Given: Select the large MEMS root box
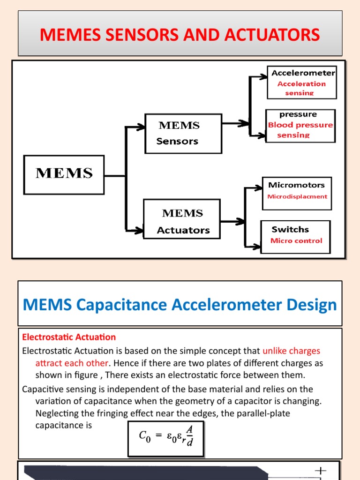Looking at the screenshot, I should pos(64,174).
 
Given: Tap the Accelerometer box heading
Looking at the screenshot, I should pos(303,73).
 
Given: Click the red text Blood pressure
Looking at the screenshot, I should pos(300,125).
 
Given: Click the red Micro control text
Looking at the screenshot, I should pos(296,240).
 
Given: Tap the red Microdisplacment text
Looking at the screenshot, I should pos(297,196).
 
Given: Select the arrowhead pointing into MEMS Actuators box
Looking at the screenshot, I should pos(138,230).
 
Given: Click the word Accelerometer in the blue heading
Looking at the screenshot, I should pos(224,305).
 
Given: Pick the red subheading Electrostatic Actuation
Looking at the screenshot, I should pos(69,337).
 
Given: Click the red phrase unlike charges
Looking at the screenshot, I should pos(291,351).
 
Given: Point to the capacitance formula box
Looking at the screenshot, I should pos(166,438).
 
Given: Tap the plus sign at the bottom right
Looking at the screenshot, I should pos(321,470).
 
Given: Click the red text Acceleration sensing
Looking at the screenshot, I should pos(301,88).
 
